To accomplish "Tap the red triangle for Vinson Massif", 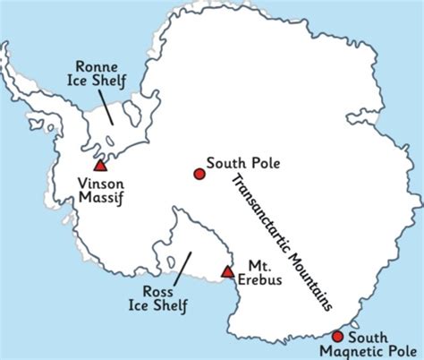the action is point(100,165).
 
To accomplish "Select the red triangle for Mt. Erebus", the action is point(228,271).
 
